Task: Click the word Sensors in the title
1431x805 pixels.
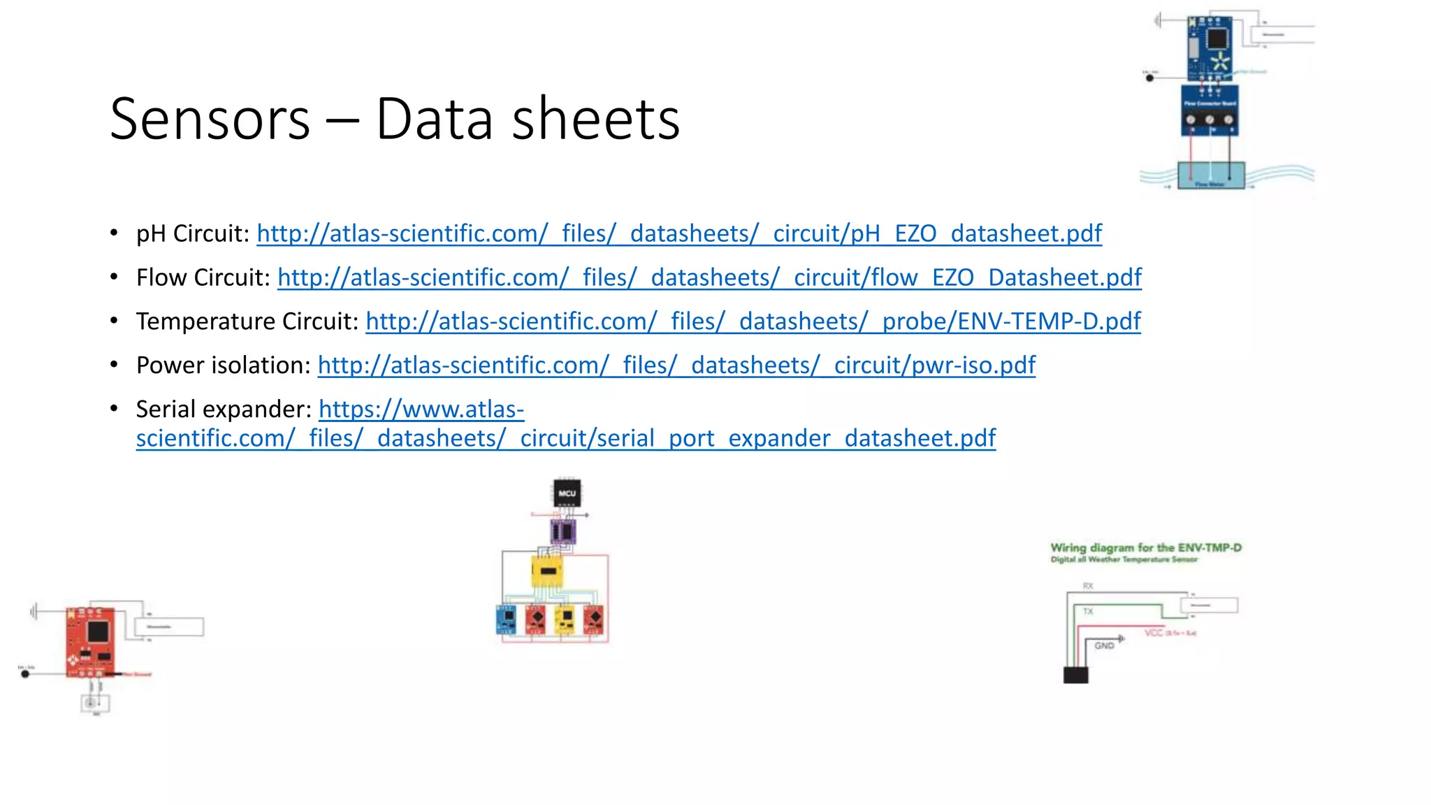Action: click(210, 119)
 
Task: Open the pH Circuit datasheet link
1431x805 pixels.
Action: click(679, 233)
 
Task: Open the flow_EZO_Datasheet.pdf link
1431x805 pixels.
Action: click(709, 277)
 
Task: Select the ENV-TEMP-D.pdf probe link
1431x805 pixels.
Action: click(753, 321)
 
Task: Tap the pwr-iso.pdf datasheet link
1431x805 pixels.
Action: click(676, 365)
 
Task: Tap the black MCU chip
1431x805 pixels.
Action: click(567, 493)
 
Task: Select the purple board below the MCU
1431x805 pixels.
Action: click(562, 532)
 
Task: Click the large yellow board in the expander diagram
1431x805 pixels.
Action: click(547, 572)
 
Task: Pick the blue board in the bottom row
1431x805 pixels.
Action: click(505, 619)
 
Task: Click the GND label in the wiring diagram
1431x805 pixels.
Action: click(1104, 646)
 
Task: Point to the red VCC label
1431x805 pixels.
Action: click(1154, 633)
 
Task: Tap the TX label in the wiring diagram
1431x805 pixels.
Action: click(1088, 611)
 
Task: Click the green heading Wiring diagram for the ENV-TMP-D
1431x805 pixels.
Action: click(1146, 548)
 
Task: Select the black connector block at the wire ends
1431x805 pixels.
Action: click(1075, 675)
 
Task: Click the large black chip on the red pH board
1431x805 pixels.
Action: click(98, 631)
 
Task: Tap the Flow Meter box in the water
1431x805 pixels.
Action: click(1211, 175)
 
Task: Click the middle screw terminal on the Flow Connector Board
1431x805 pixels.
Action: click(1210, 119)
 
